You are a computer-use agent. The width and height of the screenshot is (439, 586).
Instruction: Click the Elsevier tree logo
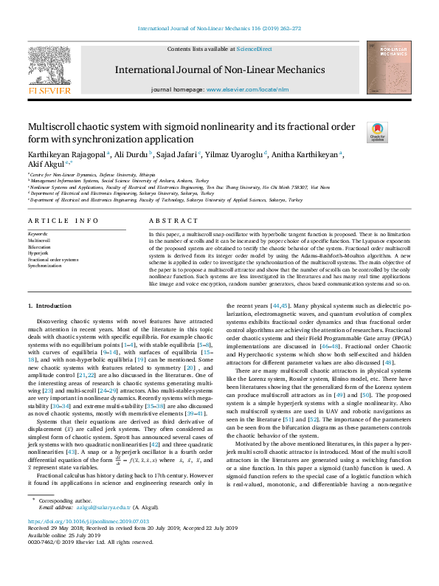tap(49, 65)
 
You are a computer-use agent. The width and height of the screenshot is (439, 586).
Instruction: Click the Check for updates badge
tap(377, 132)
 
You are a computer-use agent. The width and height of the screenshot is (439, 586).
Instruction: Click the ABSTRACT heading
tap(173, 221)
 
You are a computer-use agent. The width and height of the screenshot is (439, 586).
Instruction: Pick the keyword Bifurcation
tap(41, 247)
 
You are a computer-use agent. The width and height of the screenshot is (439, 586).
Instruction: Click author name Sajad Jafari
tap(174, 154)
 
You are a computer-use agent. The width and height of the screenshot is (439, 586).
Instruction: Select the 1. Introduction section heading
tap(49, 306)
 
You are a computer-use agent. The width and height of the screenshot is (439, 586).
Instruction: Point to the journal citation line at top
tap(219, 30)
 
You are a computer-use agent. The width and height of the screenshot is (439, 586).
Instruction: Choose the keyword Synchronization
tap(46, 265)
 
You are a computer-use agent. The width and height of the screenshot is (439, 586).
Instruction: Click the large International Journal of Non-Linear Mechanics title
tap(219, 70)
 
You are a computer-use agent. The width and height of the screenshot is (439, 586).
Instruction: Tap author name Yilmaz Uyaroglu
tap(234, 154)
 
